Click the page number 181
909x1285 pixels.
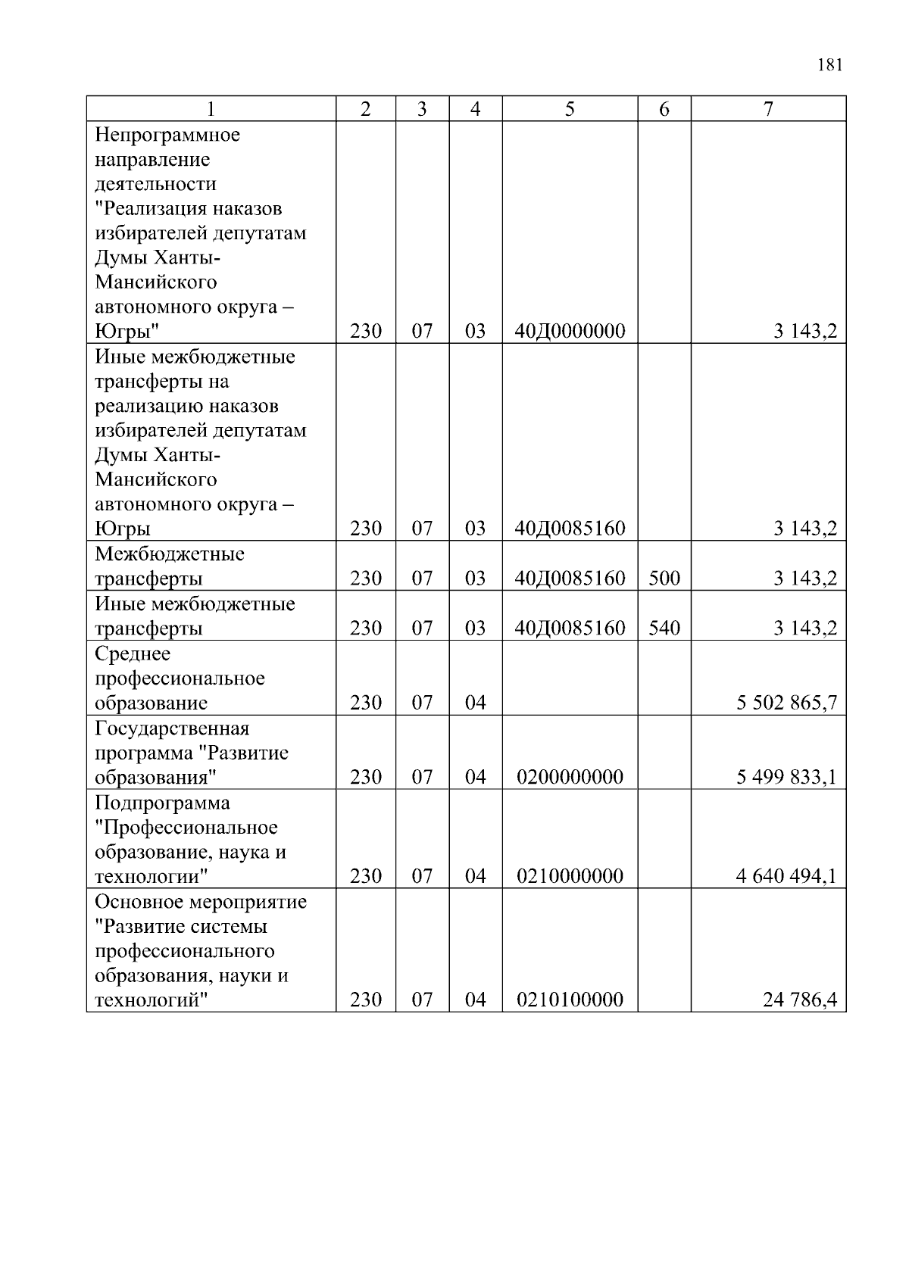(829, 65)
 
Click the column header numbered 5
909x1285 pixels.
(570, 109)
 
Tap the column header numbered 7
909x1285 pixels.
(768, 109)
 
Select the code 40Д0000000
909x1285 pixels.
(570, 331)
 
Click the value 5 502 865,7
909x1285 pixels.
(786, 703)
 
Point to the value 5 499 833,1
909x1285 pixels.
(786, 777)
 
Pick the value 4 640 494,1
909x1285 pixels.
(786, 876)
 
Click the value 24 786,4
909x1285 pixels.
(799, 1000)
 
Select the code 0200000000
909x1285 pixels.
(570, 777)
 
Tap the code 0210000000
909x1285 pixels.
(570, 876)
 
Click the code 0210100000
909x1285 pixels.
(570, 1000)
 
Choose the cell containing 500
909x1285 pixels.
(664, 579)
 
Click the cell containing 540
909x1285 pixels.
(664, 628)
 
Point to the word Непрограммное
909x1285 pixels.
(167, 135)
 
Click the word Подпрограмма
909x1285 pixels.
(162, 803)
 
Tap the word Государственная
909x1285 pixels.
(172, 728)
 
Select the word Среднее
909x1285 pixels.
(133, 653)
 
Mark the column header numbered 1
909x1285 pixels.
(211, 109)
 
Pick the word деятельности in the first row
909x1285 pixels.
(155, 184)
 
